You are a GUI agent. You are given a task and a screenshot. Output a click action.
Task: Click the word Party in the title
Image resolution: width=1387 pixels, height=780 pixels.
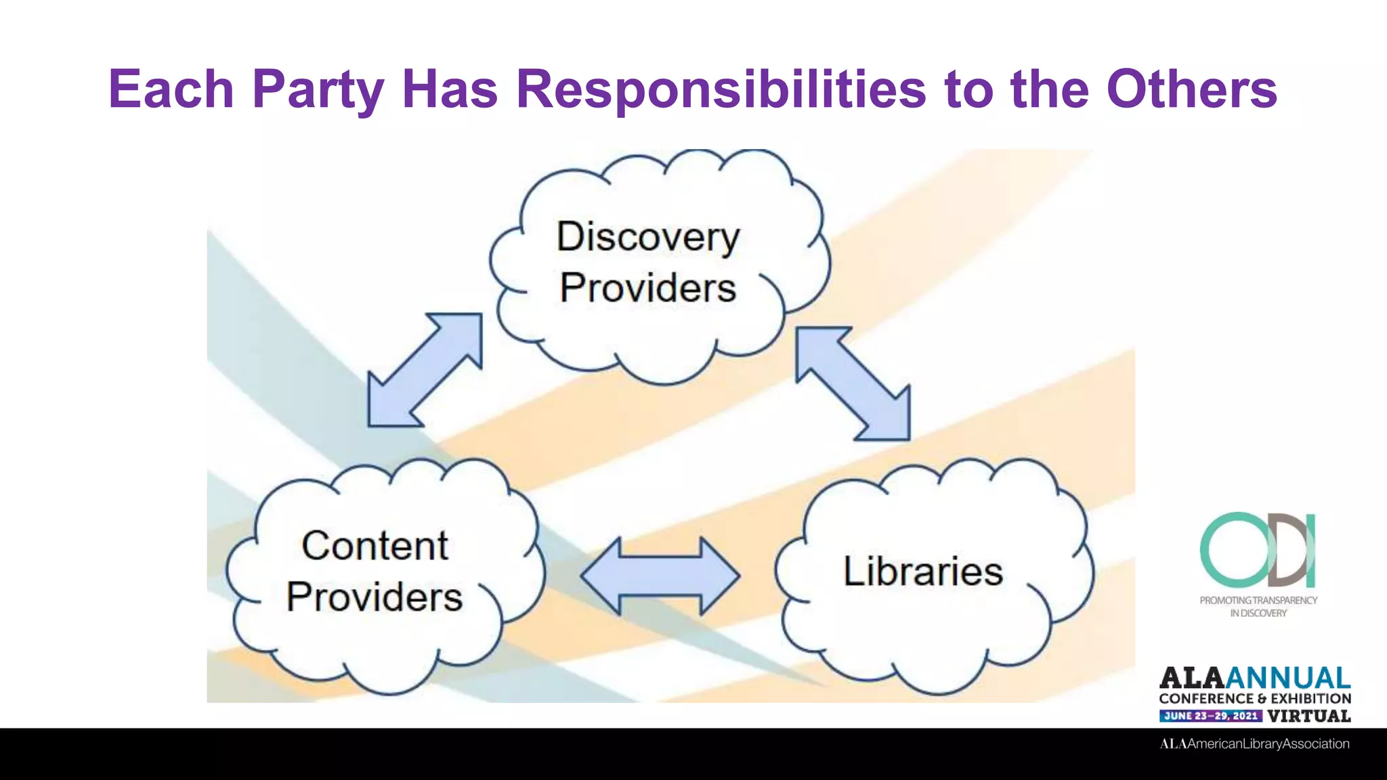point(318,89)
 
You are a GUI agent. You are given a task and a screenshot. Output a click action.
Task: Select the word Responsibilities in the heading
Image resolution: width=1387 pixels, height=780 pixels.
point(721,89)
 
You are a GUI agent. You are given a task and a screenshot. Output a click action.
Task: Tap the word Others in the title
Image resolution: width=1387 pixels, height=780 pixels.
point(1191,89)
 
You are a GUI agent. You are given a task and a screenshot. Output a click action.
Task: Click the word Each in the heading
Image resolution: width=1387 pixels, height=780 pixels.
point(171,89)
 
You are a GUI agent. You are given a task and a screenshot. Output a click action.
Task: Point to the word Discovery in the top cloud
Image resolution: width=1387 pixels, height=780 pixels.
point(648,237)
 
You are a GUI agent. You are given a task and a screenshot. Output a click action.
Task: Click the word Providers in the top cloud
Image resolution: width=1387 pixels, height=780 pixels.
point(648,288)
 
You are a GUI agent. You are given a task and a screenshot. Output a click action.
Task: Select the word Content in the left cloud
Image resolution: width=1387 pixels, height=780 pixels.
point(375,546)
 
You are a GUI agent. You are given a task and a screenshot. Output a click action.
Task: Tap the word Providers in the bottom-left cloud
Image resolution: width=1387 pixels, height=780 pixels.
point(375,597)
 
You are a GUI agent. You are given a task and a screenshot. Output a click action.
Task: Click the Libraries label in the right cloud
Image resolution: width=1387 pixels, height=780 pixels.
point(922,571)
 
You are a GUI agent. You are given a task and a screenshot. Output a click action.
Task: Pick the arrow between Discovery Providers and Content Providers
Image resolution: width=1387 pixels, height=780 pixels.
point(425,370)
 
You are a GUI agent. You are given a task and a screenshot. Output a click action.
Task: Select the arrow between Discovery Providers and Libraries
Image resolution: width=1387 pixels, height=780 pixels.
point(853,383)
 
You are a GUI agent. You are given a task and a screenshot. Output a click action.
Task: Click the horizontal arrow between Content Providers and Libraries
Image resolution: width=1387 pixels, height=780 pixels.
point(660,576)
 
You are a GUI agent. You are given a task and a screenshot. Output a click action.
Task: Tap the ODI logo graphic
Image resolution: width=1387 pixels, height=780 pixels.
point(1258,550)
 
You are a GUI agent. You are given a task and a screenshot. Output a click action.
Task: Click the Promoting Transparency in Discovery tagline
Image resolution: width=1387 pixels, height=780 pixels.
point(1258,607)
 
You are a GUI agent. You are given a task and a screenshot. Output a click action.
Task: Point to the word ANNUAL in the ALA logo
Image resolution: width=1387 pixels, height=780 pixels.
point(1288,678)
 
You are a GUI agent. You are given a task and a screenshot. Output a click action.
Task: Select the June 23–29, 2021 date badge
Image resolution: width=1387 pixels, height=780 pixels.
point(1211,716)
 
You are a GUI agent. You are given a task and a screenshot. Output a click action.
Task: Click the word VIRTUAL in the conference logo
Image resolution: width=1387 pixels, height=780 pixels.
point(1309,716)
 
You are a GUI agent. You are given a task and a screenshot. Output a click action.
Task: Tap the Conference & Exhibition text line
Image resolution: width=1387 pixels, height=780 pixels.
point(1255,698)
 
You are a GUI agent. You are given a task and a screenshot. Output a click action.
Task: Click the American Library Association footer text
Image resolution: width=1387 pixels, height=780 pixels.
point(1254,743)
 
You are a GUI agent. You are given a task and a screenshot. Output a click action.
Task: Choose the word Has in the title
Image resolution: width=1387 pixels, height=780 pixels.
point(450,89)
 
